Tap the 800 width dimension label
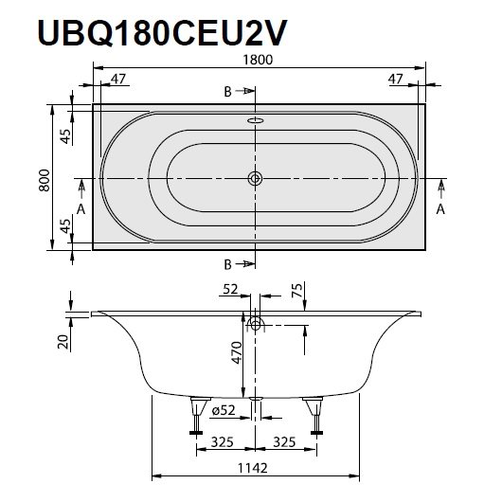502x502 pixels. click(x=43, y=178)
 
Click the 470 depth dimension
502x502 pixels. click(x=237, y=352)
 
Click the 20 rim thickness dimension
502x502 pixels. click(x=62, y=341)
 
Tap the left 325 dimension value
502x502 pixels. click(x=224, y=441)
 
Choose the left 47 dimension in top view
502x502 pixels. click(x=119, y=79)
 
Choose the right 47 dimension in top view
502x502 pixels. click(x=398, y=79)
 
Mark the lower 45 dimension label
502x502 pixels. click(x=64, y=226)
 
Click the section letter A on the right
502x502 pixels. click(x=439, y=209)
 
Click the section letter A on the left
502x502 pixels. click(x=81, y=209)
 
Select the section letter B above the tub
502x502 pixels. click(x=227, y=91)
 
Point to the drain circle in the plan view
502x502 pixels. click(x=254, y=178)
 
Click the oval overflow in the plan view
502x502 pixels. click(x=254, y=121)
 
